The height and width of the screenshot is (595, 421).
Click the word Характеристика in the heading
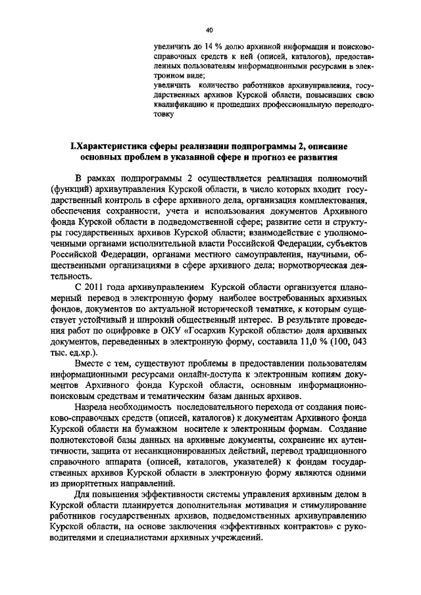tap(115, 147)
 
